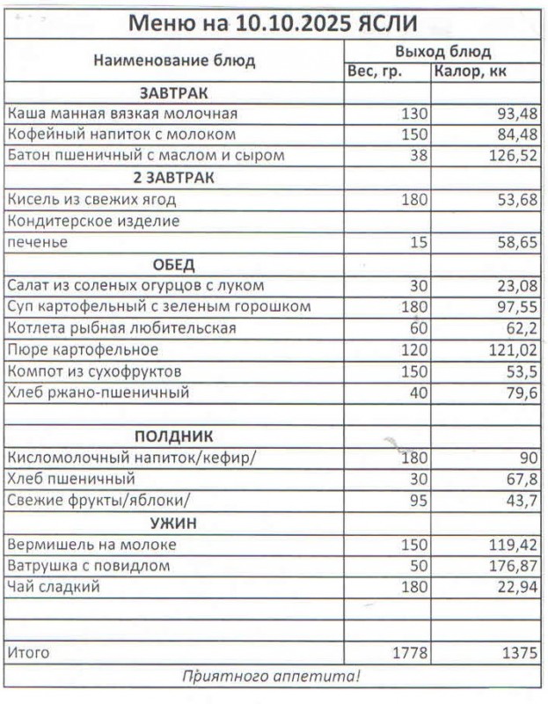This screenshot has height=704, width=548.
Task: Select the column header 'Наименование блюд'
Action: tap(174, 61)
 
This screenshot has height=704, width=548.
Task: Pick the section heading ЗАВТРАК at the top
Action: tap(173, 92)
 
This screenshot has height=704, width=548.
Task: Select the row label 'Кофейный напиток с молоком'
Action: tap(121, 135)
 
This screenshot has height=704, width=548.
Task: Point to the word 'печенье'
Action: tap(37, 242)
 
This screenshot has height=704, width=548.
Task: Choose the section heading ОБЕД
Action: tap(174, 265)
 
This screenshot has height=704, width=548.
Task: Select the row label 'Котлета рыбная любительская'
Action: tap(121, 328)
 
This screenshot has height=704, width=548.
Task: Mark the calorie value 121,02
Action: tap(511, 350)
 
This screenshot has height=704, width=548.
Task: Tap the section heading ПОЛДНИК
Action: tap(173, 436)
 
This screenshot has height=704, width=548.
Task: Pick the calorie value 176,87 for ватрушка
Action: tap(511, 566)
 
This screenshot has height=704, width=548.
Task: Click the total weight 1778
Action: tap(407, 653)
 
